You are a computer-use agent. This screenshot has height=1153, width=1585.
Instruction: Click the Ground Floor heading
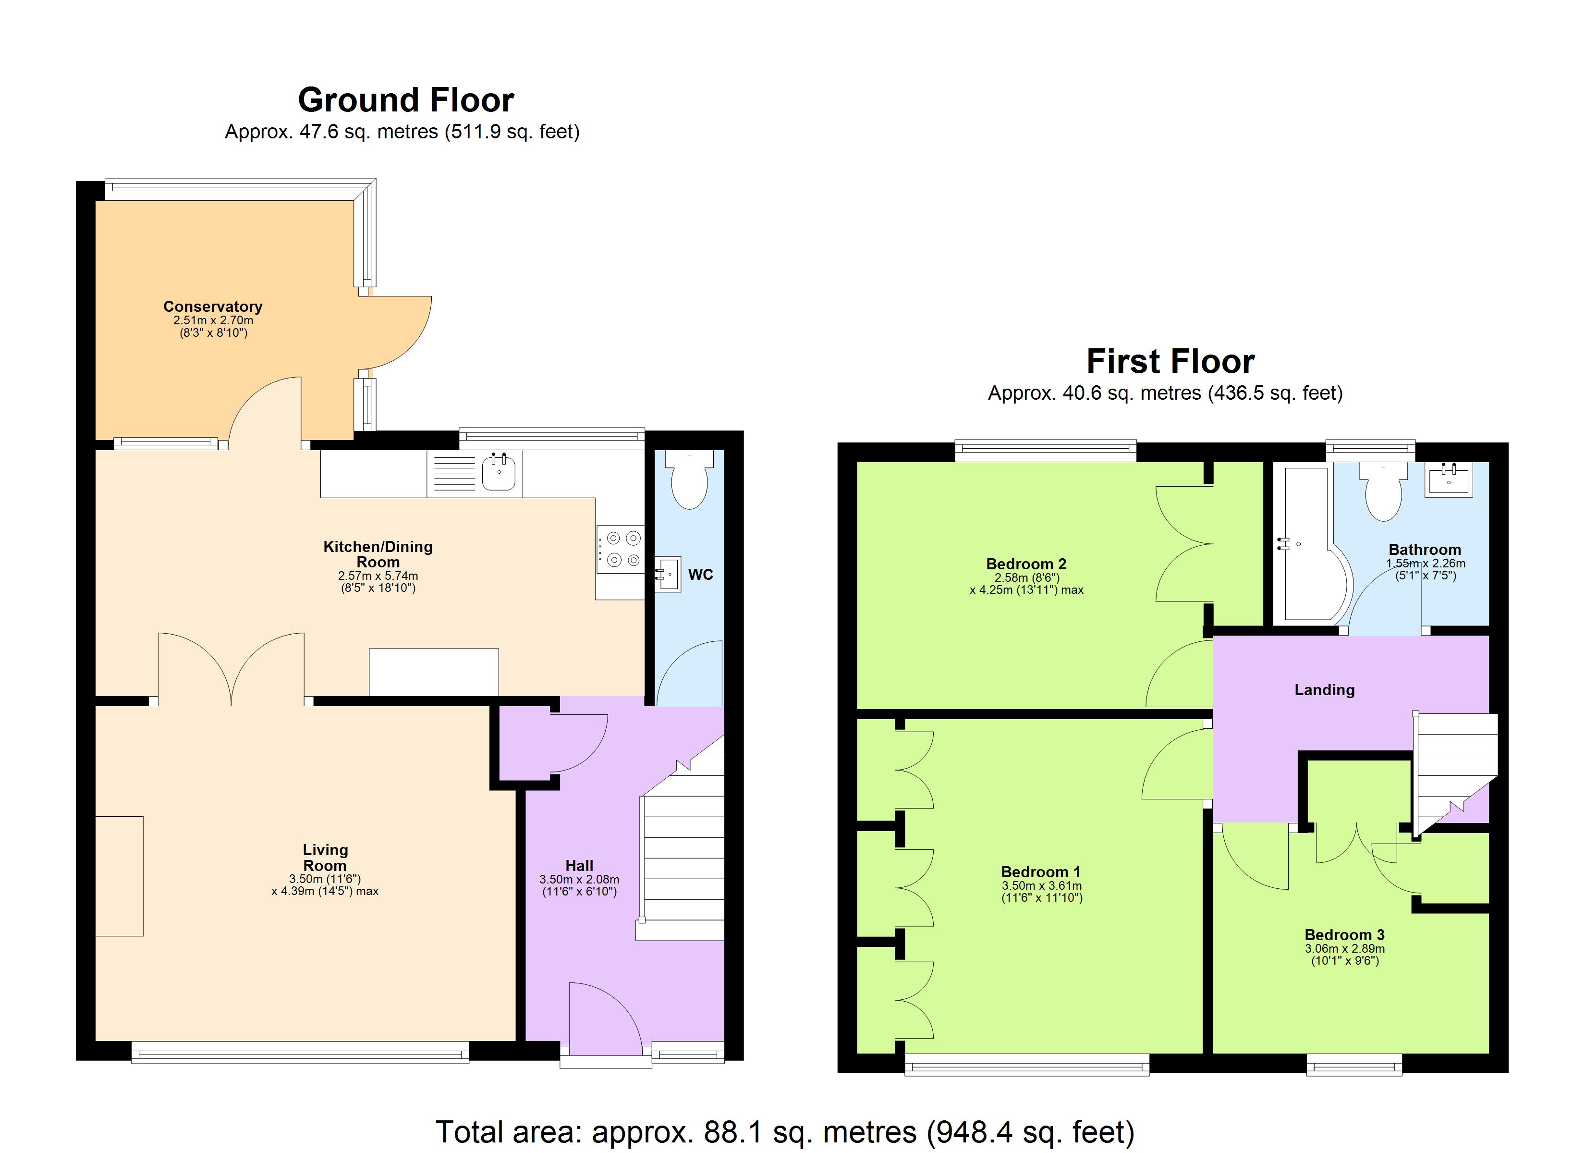click(405, 100)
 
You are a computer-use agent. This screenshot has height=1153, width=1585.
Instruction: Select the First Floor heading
click(1170, 361)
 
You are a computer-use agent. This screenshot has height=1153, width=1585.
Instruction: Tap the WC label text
click(700, 575)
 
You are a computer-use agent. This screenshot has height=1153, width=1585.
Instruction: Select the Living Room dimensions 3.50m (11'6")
click(325, 879)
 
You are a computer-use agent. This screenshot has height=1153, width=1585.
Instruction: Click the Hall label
click(579, 866)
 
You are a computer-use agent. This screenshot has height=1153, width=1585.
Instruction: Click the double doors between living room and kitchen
click(232, 668)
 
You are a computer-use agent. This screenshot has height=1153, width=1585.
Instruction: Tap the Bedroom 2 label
click(1026, 564)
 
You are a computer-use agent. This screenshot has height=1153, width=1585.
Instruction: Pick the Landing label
click(1324, 690)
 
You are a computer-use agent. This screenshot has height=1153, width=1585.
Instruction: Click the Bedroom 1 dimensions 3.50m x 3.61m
click(1041, 885)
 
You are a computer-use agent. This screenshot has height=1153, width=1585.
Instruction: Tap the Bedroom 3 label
click(1344, 935)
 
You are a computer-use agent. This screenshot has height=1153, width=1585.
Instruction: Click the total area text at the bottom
click(784, 1131)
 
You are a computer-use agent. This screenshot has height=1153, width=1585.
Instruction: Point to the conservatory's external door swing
click(398, 331)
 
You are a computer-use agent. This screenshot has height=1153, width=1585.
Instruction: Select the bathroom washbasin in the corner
click(1449, 479)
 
